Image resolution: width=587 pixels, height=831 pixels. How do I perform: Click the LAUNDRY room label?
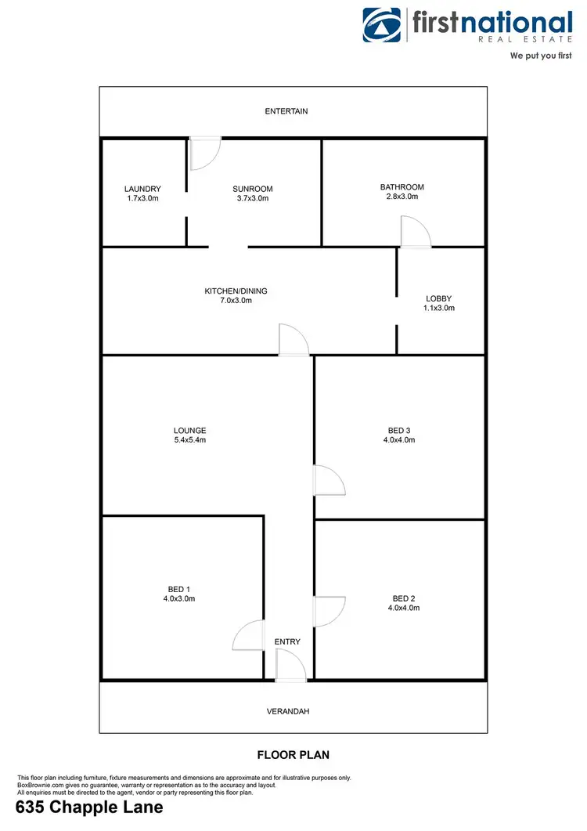[x=142, y=189]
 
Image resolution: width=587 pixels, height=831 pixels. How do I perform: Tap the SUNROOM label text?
[x=252, y=189]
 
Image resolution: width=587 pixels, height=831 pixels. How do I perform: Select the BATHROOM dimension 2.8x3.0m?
[x=402, y=197]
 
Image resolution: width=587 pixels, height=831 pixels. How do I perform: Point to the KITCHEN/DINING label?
[x=236, y=291]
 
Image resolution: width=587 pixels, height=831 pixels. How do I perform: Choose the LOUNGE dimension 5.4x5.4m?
[x=189, y=440]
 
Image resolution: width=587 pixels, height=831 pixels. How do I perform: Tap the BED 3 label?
[x=398, y=430]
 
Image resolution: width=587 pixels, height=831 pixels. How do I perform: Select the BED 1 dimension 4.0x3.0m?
[x=178, y=599]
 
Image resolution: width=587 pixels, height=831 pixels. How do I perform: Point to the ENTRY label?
[x=287, y=642]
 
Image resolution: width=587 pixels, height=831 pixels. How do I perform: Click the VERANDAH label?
[x=293, y=711]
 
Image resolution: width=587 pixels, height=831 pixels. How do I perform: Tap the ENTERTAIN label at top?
[x=286, y=111]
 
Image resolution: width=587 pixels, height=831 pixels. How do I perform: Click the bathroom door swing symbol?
[x=414, y=233]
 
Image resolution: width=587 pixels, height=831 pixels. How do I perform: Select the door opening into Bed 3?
[x=328, y=480]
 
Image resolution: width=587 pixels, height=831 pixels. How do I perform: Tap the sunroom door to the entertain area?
[x=205, y=153]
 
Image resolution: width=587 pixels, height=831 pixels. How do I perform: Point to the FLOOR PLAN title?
[x=293, y=755]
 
